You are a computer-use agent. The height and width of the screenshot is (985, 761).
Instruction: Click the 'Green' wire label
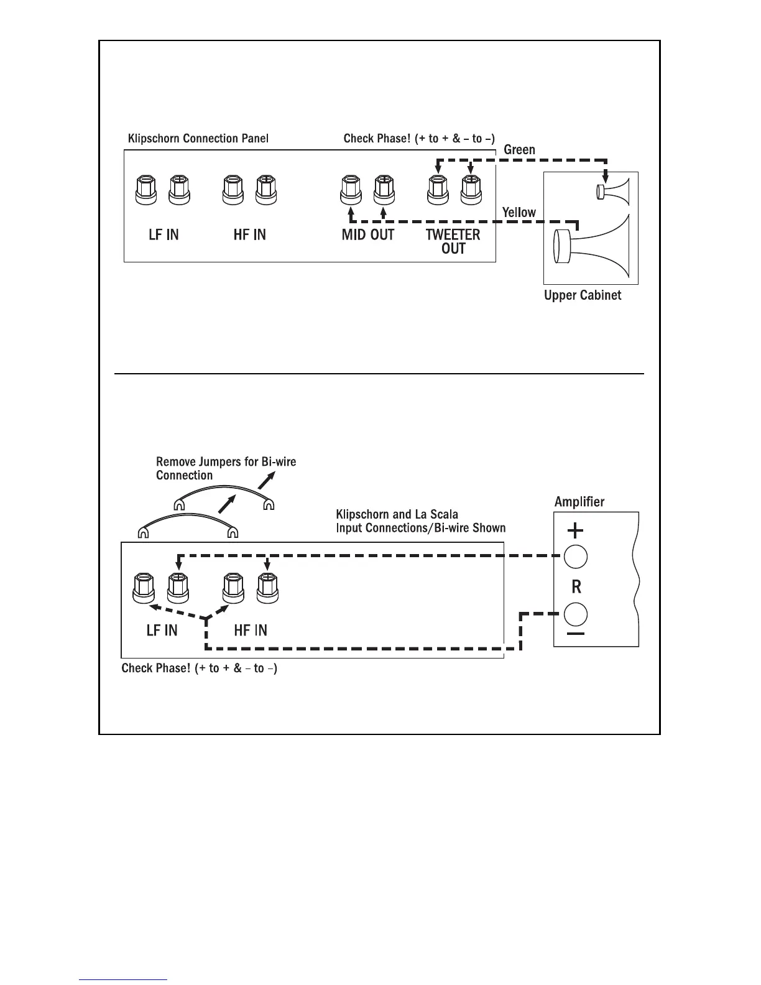pyautogui.click(x=519, y=150)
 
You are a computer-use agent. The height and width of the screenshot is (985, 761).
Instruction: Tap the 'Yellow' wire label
pyautogui.click(x=519, y=212)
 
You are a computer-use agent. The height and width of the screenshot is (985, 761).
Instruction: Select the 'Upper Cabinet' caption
pyautogui.click(x=583, y=295)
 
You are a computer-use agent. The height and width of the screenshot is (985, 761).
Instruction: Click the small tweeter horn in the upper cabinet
pyautogui.click(x=613, y=192)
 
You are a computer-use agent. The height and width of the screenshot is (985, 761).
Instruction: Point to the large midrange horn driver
pyautogui.click(x=591, y=246)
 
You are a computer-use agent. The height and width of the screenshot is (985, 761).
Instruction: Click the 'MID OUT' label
pyautogui.click(x=368, y=235)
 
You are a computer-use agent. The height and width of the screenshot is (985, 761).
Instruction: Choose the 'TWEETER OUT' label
pyautogui.click(x=453, y=242)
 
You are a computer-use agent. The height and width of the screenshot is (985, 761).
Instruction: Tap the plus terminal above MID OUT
pyautogui.click(x=384, y=190)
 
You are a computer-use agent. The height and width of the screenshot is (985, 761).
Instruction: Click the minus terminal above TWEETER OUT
pyautogui.click(x=438, y=190)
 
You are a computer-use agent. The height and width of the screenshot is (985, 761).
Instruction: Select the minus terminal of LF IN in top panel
pyautogui.click(x=146, y=190)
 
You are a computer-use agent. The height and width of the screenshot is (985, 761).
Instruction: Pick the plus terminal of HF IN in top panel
pyautogui.click(x=266, y=190)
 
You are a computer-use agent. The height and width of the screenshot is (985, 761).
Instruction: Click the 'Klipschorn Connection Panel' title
pyautogui.click(x=198, y=138)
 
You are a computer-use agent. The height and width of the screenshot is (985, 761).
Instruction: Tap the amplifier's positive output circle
pyautogui.click(x=576, y=557)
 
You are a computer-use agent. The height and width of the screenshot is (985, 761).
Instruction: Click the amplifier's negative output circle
pyautogui.click(x=576, y=614)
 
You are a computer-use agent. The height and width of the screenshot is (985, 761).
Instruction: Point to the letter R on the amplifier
pyautogui.click(x=576, y=586)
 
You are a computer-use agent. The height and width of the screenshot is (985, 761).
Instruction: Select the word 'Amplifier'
pyautogui.click(x=579, y=502)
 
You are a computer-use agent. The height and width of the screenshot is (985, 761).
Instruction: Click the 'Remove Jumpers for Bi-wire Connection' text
pyautogui.click(x=226, y=468)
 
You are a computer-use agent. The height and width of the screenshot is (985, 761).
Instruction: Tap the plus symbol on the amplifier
pyautogui.click(x=576, y=530)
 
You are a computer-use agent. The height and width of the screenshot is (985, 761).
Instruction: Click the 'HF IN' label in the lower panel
pyautogui.click(x=251, y=630)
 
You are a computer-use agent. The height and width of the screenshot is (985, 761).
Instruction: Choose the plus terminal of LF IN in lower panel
pyautogui.click(x=178, y=588)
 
